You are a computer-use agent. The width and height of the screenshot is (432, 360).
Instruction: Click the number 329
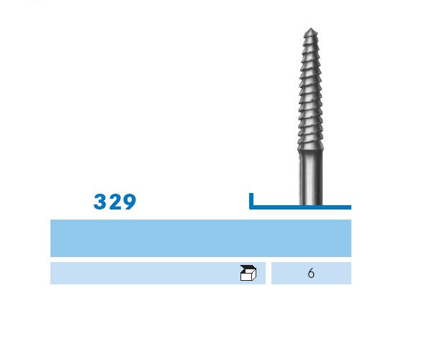(114, 202)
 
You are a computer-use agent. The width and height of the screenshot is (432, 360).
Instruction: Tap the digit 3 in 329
(100, 202)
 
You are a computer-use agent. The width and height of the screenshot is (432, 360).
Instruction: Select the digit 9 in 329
(129, 202)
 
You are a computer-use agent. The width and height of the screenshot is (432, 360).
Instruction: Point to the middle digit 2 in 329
(114, 202)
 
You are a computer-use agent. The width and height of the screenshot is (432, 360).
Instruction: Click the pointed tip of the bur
(310, 30)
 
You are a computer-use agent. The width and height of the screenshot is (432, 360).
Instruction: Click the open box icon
(248, 273)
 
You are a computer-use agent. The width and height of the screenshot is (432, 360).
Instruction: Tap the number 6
(310, 274)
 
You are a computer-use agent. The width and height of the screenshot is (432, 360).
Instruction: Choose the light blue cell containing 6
(328, 274)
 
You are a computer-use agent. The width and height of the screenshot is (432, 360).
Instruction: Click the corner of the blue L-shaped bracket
(251, 207)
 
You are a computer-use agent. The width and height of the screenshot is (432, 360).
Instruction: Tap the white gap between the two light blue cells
(269, 274)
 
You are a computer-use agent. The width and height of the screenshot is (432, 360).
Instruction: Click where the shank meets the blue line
(310, 205)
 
